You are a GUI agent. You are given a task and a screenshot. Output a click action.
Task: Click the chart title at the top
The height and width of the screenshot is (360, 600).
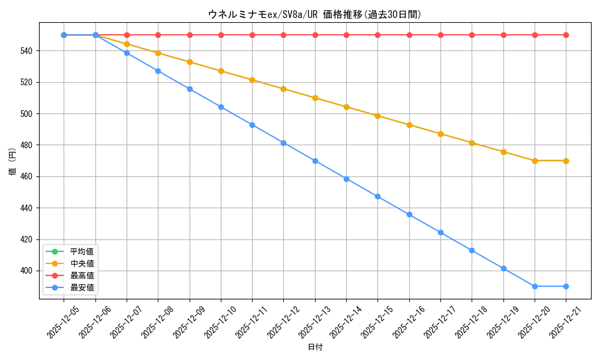point(314,14)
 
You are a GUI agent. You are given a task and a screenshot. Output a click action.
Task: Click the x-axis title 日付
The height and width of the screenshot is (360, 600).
point(315,347)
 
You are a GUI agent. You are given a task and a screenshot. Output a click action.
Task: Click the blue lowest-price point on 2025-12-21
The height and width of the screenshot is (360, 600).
point(566,286)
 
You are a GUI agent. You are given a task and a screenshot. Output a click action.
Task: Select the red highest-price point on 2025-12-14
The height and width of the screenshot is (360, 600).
point(346,35)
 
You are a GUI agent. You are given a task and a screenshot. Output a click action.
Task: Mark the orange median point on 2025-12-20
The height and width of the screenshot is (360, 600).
point(535,161)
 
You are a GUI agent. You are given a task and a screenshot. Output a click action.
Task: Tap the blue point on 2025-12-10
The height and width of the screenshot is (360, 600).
point(221,107)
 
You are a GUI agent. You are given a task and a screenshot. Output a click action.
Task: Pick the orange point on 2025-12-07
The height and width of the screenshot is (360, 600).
point(127,44)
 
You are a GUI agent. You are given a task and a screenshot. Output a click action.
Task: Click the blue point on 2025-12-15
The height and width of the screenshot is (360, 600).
point(377,196)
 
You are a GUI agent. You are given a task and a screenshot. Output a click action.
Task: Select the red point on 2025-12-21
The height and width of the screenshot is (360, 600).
point(566,35)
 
